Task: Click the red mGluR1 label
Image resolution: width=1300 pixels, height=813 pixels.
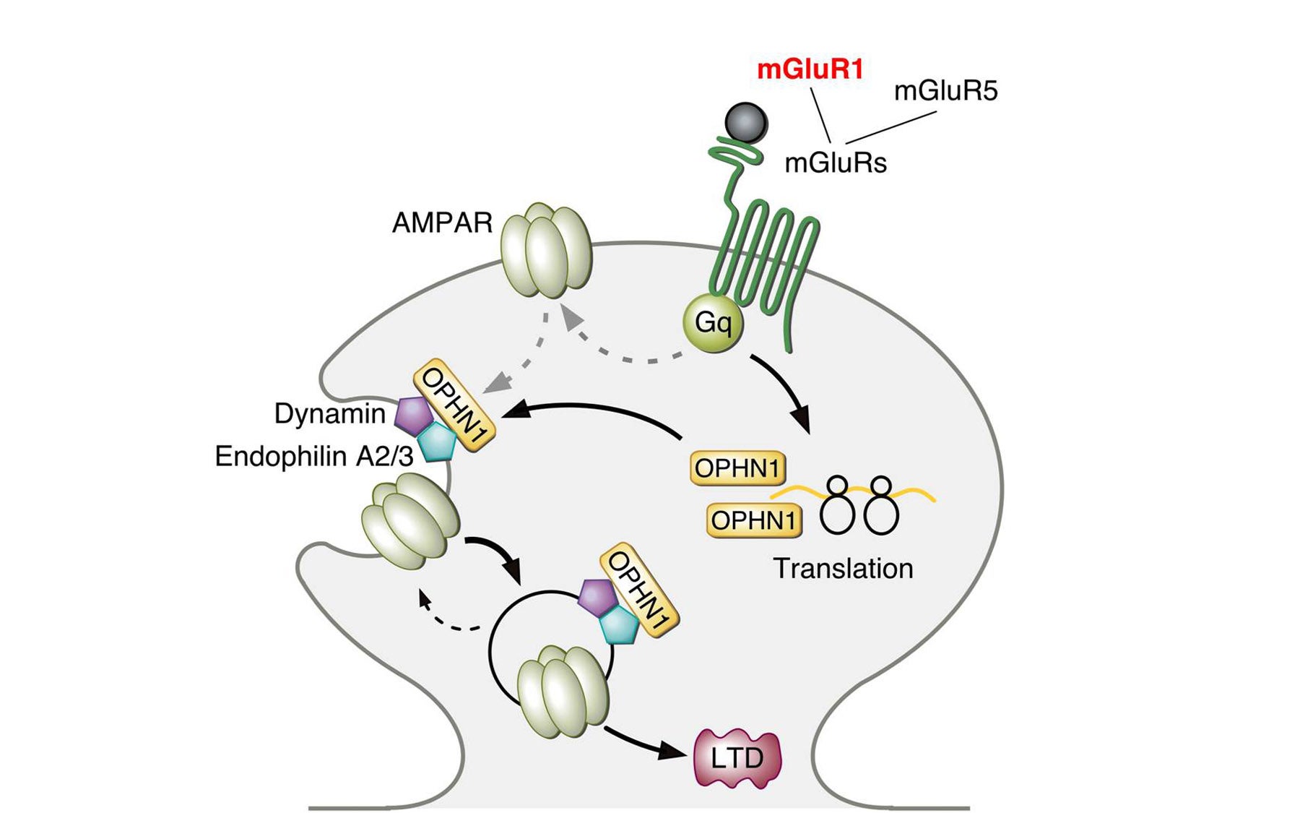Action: [x=810, y=69]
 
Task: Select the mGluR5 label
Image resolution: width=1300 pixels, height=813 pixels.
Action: [x=945, y=91]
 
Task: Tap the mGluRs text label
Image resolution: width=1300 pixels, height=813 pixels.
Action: [x=836, y=163]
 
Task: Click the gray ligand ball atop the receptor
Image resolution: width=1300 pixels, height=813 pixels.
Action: [x=745, y=122]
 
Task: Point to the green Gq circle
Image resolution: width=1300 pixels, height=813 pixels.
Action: [x=713, y=322]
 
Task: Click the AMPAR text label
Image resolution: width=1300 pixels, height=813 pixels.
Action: [x=442, y=223]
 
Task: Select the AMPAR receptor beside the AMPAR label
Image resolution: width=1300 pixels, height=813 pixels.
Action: [x=547, y=250]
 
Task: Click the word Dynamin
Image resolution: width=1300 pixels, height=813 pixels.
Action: [x=330, y=413]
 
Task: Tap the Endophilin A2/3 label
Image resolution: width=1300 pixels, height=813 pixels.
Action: [x=314, y=456]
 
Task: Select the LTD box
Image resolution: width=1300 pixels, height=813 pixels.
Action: [x=737, y=757]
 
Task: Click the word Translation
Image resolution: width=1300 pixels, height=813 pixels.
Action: [x=843, y=569]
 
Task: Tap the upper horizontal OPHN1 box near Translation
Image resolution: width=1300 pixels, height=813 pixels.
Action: [x=737, y=468]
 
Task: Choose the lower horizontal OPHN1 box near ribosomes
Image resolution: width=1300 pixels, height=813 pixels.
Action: [x=754, y=520]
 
